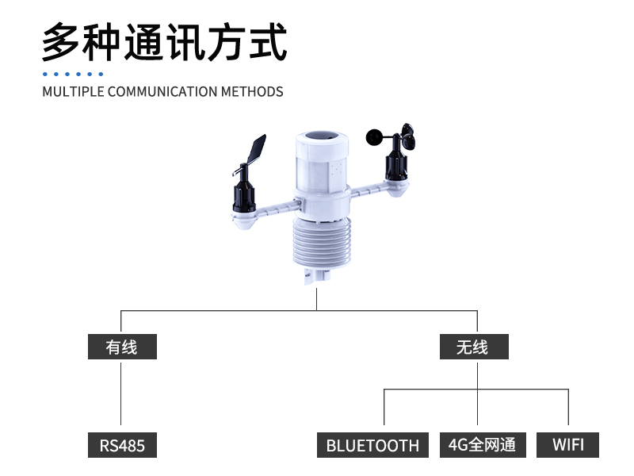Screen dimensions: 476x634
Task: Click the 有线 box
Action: (122, 347)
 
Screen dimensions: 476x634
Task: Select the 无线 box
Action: (473, 347)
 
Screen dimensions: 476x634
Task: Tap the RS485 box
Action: (122, 445)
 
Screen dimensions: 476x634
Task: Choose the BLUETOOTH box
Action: (372, 445)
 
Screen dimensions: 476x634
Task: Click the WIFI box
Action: (567, 444)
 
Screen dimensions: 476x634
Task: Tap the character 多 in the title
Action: (62, 43)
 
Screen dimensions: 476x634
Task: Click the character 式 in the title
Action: (266, 43)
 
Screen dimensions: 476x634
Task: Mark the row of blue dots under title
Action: (73, 74)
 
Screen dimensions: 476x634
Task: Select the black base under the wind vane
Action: (244, 197)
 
